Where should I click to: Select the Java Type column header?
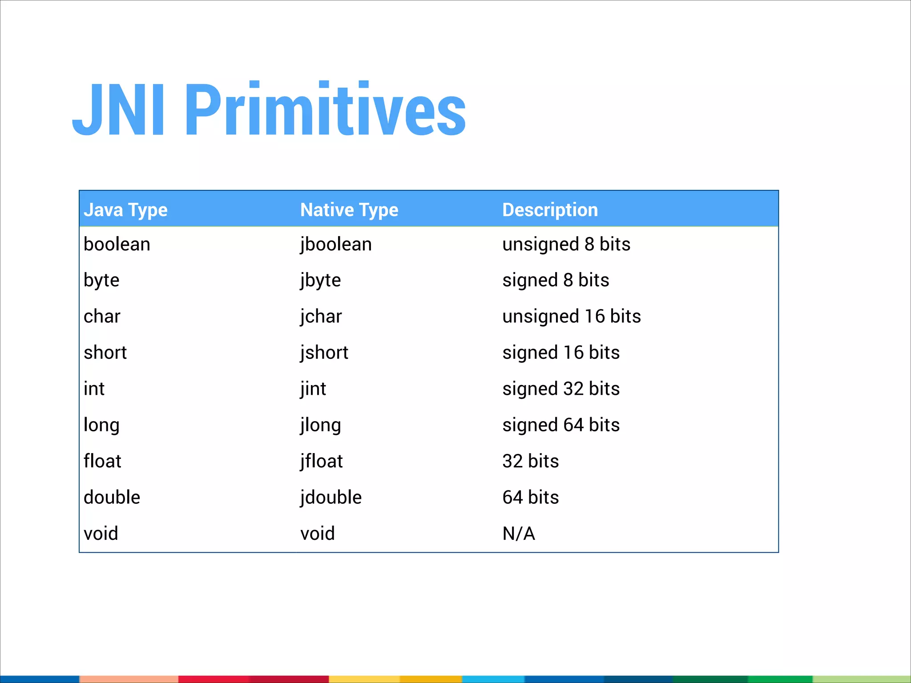125,210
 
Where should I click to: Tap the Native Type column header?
349,210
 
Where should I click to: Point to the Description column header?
550,210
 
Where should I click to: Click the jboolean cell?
336,245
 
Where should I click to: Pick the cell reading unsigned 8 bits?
566,245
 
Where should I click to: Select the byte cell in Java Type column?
101,281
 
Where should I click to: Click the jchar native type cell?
321,317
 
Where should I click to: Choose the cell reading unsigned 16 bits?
572,317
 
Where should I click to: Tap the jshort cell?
324,353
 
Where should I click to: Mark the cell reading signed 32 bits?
561,389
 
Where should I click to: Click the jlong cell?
320,425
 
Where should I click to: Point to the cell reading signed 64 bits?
561,425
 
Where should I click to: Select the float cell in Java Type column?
102,461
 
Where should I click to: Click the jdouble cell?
331,498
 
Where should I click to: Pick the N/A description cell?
519,534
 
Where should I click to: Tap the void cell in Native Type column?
317,534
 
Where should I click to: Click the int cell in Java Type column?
94,389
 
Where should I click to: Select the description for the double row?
530,498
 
